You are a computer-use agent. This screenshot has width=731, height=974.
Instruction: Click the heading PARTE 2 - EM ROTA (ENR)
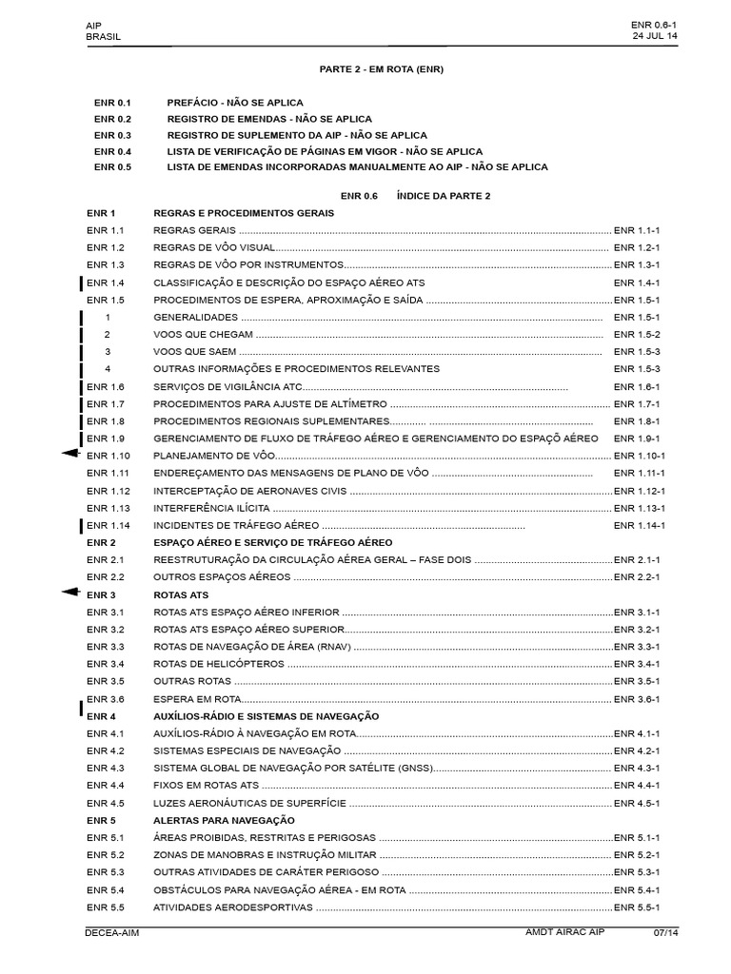click(x=381, y=69)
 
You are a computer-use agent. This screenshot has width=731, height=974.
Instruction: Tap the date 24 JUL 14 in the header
click(x=654, y=36)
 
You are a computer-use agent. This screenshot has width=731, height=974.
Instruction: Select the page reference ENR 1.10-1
click(x=639, y=457)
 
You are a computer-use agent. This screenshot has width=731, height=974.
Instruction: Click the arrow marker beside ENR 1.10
click(x=69, y=457)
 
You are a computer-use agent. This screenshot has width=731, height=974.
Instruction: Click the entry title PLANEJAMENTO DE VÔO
click(x=207, y=457)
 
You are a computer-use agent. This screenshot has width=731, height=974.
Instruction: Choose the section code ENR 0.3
click(x=112, y=135)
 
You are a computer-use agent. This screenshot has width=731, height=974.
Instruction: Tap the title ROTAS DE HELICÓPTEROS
click(x=219, y=664)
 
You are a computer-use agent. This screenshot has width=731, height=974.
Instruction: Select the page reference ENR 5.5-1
click(x=637, y=907)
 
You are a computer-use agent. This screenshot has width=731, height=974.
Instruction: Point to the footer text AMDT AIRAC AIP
click(x=565, y=934)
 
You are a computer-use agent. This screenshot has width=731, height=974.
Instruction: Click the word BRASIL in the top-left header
click(x=103, y=37)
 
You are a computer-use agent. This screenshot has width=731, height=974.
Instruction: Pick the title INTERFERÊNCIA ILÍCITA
click(x=209, y=508)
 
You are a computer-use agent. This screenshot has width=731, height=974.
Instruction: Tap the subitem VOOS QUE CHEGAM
click(x=203, y=335)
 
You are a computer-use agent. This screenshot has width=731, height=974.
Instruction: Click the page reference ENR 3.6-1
click(x=637, y=699)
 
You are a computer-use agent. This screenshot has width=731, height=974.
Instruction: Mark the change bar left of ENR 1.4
click(x=82, y=283)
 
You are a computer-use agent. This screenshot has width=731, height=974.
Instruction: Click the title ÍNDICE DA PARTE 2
click(x=449, y=195)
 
